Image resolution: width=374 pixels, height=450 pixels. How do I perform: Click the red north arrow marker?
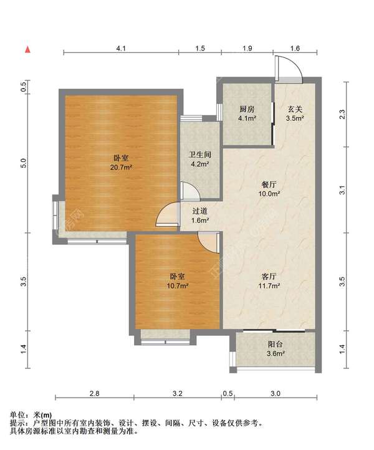(x=27, y=50)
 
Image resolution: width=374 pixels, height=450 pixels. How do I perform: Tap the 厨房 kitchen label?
(x=247, y=109)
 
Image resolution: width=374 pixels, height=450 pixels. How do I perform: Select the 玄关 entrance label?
(x=295, y=109)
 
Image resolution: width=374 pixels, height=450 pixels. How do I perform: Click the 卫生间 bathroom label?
(x=200, y=155)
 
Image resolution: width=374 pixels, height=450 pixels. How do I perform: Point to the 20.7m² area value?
(x=121, y=167)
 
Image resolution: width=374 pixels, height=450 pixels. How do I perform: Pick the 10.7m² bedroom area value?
(x=178, y=286)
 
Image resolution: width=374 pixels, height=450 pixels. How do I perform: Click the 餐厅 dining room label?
(x=269, y=184)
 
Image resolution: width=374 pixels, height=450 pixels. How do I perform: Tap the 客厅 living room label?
(x=269, y=276)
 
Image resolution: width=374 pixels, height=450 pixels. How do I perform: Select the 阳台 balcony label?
(x=276, y=344)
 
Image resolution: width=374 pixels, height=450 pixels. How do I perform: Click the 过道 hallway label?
(x=199, y=211)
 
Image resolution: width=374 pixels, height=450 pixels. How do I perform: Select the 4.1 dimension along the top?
(x=121, y=48)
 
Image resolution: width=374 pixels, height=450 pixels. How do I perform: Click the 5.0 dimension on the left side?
(x=24, y=163)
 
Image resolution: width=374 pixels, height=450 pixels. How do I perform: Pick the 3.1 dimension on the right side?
(x=342, y=190)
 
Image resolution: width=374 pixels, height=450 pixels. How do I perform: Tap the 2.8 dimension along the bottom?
(x=94, y=393)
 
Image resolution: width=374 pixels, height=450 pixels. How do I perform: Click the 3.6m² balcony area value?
(x=276, y=353)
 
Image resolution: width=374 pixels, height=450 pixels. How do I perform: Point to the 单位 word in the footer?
(x=17, y=414)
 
